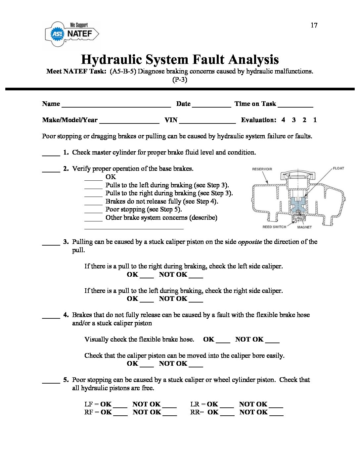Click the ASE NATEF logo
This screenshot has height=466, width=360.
tap(72, 34)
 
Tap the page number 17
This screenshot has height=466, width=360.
tap(314, 25)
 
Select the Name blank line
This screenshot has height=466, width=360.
tap(116, 105)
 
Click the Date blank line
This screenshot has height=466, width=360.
tap(211, 105)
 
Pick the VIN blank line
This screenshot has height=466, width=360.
tap(207, 121)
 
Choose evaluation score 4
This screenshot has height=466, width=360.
tap(283, 120)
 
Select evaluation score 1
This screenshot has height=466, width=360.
tap(315, 120)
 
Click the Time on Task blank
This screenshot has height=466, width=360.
tap(295, 105)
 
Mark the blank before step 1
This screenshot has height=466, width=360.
tap(51, 154)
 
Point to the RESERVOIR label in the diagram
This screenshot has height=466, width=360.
tap(262, 169)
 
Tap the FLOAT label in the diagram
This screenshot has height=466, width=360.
tap(338, 168)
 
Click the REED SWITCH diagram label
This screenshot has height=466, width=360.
tap(274, 227)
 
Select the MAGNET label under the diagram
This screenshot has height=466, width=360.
tap(304, 227)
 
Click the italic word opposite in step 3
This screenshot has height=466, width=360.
tap(250, 242)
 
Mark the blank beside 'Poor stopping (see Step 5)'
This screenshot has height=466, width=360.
tap(93, 211)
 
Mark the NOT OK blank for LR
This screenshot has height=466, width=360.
tap(276, 406)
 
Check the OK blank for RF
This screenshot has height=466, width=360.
tap(120, 414)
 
